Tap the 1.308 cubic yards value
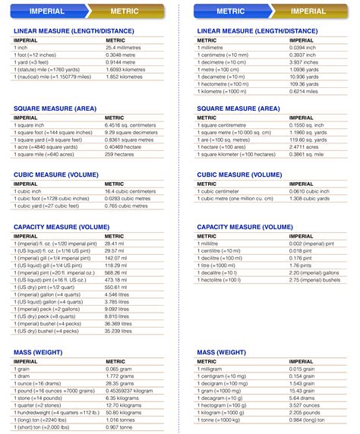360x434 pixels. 310,199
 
